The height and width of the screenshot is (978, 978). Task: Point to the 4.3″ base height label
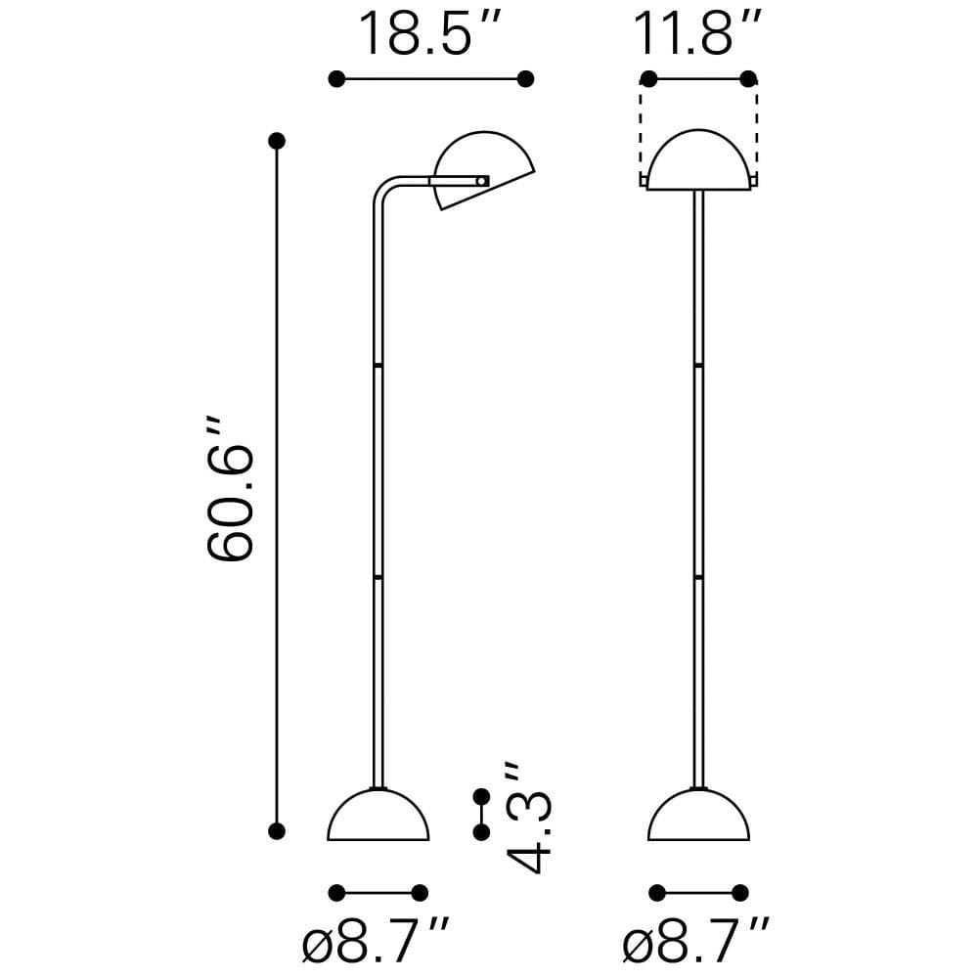pos(529,817)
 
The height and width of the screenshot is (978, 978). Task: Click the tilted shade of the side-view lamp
pos(484,168)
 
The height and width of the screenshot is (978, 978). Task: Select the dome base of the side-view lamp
pos(378,815)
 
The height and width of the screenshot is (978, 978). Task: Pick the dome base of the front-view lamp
pos(698,815)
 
